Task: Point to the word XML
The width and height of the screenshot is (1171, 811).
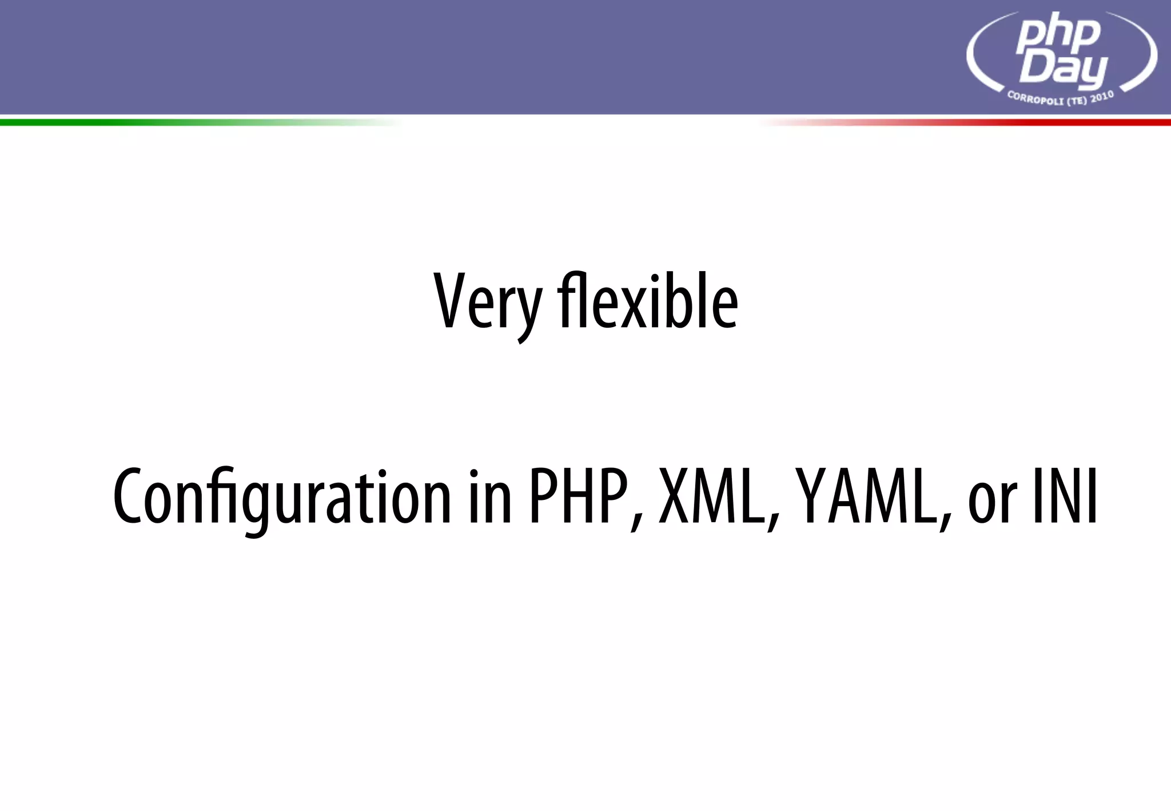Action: pos(711,496)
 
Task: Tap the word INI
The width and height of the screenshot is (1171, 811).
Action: pos(1065,496)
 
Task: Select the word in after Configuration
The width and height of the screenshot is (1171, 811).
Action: pos(489,496)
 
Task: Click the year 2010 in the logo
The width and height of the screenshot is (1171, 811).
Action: pos(1102,96)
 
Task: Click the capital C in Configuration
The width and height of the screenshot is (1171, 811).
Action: pos(127,496)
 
